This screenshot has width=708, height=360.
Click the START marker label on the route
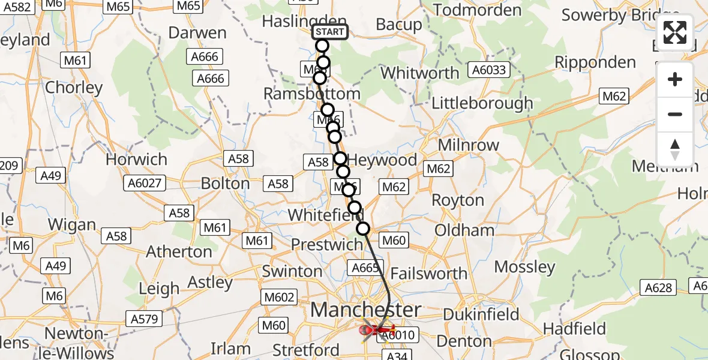coord(330,32)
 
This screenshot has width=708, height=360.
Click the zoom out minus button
coord(675,114)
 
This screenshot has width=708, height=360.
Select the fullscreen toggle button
coord(675,32)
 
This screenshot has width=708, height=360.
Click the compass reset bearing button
coord(675,149)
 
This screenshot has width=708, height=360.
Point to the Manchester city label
coord(366,310)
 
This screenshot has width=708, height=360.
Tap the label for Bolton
coord(226,183)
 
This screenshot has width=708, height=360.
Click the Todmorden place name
coord(477,10)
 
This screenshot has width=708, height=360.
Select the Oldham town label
coord(464,230)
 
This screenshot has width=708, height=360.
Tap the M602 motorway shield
coord(279,297)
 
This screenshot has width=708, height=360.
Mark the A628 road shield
coord(658,288)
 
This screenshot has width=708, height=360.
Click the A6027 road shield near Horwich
coord(145,182)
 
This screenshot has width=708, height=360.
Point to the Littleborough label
coord(482,103)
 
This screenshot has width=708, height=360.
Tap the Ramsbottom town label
coord(312,94)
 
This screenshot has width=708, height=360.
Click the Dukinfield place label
coord(481,314)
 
